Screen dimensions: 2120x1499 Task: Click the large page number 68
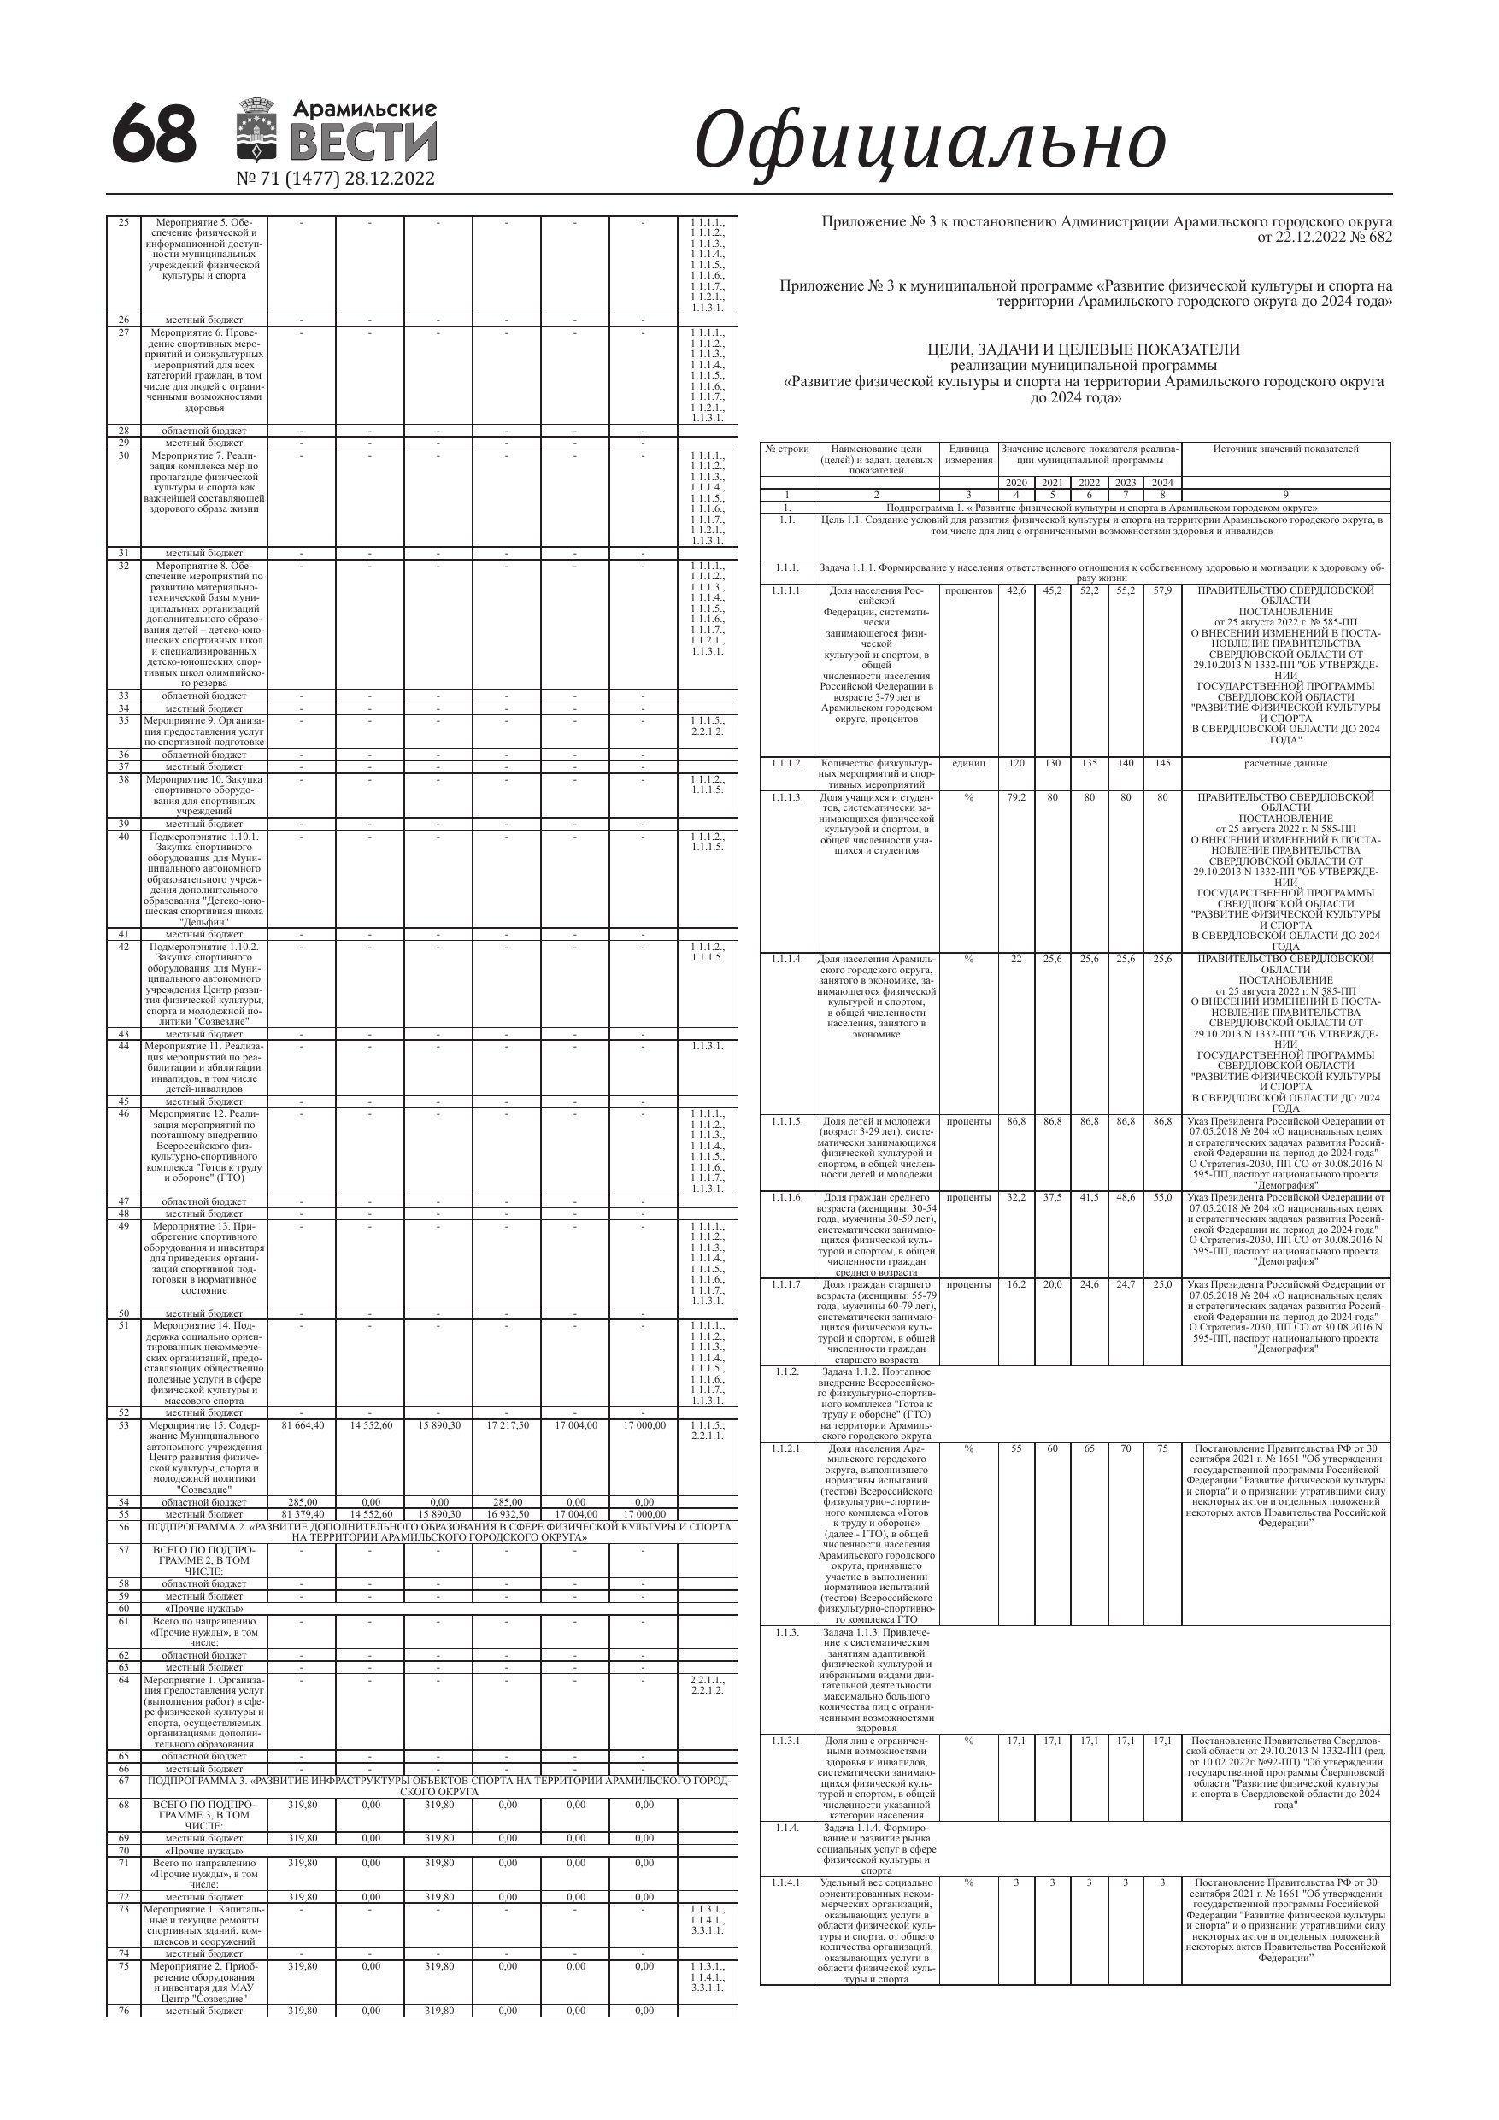tap(154, 134)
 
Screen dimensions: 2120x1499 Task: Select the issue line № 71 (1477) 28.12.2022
tap(335, 179)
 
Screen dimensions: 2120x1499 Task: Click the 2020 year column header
tap(1015, 482)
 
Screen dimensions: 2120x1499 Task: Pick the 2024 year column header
tap(1162, 482)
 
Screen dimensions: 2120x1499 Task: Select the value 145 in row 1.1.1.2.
tap(1162, 764)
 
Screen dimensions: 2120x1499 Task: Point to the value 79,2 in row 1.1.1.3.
tap(1015, 797)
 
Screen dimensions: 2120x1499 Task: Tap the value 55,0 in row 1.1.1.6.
tap(1162, 1196)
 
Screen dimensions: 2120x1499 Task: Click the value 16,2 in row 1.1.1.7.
tap(1015, 1284)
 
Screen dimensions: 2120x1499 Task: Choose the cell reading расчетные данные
tap(1284, 764)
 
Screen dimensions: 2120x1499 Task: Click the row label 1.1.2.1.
tap(787, 1448)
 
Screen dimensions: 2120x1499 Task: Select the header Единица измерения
tap(968, 455)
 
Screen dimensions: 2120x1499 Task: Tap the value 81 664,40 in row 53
tap(301, 1425)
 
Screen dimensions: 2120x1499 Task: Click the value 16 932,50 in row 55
tap(506, 1515)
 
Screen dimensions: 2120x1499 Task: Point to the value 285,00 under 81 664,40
tap(301, 1502)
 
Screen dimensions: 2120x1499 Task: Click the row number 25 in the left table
tap(124, 222)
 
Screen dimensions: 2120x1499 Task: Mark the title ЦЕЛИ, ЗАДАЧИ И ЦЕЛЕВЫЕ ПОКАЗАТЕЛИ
tap(1083, 349)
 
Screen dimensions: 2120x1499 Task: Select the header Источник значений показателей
tap(1284, 449)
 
